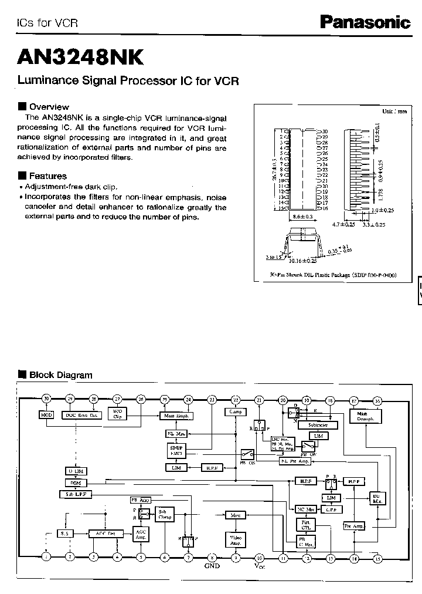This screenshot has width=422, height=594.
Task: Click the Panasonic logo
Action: click(x=365, y=22)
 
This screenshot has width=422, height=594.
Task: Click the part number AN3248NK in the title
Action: click(x=80, y=57)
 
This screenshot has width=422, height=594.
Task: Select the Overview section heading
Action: click(x=49, y=107)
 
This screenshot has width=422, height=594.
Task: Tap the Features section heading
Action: click(x=47, y=176)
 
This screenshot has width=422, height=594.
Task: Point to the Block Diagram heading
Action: click(x=60, y=375)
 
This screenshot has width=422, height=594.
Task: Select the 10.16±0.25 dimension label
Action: click(x=302, y=260)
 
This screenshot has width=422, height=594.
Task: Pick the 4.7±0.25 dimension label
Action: click(x=343, y=224)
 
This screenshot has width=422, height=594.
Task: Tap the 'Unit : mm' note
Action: click(x=394, y=110)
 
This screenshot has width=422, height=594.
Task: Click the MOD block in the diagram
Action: click(x=47, y=415)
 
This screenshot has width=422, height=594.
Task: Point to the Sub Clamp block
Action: click(x=164, y=515)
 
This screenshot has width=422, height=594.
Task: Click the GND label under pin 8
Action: click(x=212, y=566)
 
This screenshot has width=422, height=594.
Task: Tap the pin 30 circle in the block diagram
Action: click(x=47, y=400)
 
